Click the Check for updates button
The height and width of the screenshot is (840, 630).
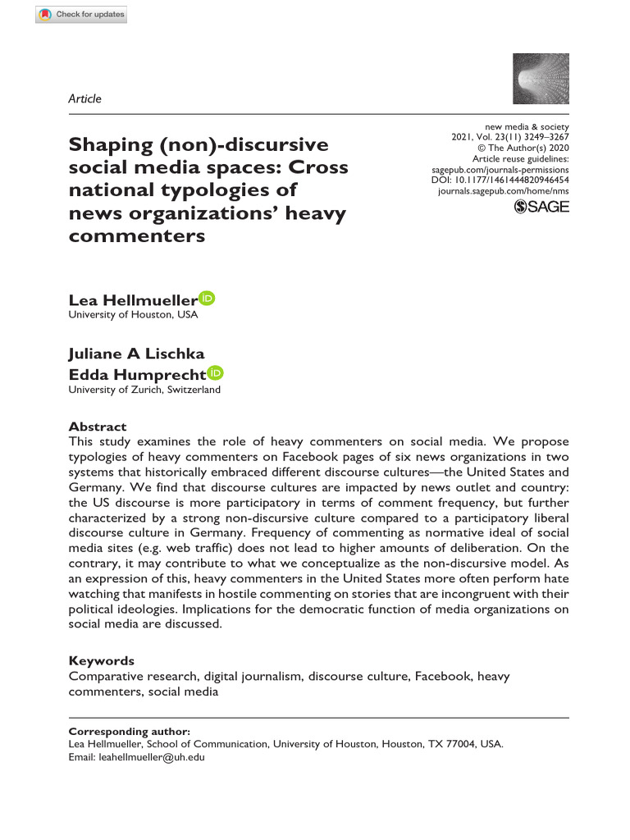[x=81, y=14]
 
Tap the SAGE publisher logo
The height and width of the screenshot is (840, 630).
[x=541, y=208]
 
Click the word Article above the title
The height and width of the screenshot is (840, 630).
[x=85, y=98]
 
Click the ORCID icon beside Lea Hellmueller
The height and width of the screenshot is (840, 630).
[x=208, y=299]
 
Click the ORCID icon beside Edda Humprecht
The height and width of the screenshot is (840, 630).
[x=216, y=373]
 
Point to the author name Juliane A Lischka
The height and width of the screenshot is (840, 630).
[x=135, y=354]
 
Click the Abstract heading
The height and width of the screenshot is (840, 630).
[x=98, y=427]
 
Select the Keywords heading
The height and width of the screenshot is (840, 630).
[x=101, y=660]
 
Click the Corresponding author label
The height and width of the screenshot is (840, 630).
[x=129, y=731]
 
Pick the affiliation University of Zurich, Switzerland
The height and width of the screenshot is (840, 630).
[x=144, y=390]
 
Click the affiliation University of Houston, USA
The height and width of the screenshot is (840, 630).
[x=133, y=314]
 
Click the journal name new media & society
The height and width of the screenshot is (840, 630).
[x=527, y=126]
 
